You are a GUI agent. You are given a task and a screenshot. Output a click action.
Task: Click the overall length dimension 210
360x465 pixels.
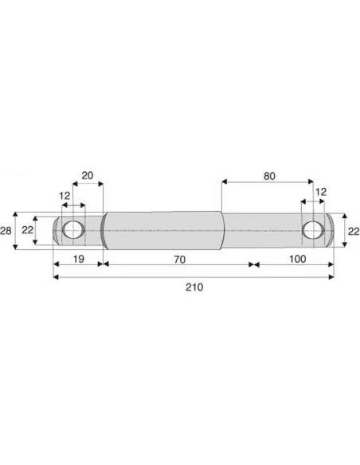[x=194, y=287]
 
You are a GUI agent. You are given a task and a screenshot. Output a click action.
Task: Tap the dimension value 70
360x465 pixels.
[x=180, y=260]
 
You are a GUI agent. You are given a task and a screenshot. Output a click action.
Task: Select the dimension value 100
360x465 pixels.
[x=297, y=259]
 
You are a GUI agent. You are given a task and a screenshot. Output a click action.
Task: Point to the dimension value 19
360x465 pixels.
[x=78, y=259]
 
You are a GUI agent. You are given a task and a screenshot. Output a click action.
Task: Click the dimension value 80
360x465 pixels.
[x=269, y=176]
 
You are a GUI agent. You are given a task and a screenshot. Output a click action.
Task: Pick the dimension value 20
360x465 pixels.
[x=88, y=175]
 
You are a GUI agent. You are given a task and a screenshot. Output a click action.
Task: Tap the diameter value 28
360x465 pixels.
[x=6, y=230]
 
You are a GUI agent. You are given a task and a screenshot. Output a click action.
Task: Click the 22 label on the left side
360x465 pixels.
[x=27, y=230]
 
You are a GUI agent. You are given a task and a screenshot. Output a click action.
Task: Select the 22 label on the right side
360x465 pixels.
[x=354, y=231]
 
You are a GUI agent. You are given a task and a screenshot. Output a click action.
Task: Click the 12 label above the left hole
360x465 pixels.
[x=65, y=196]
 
